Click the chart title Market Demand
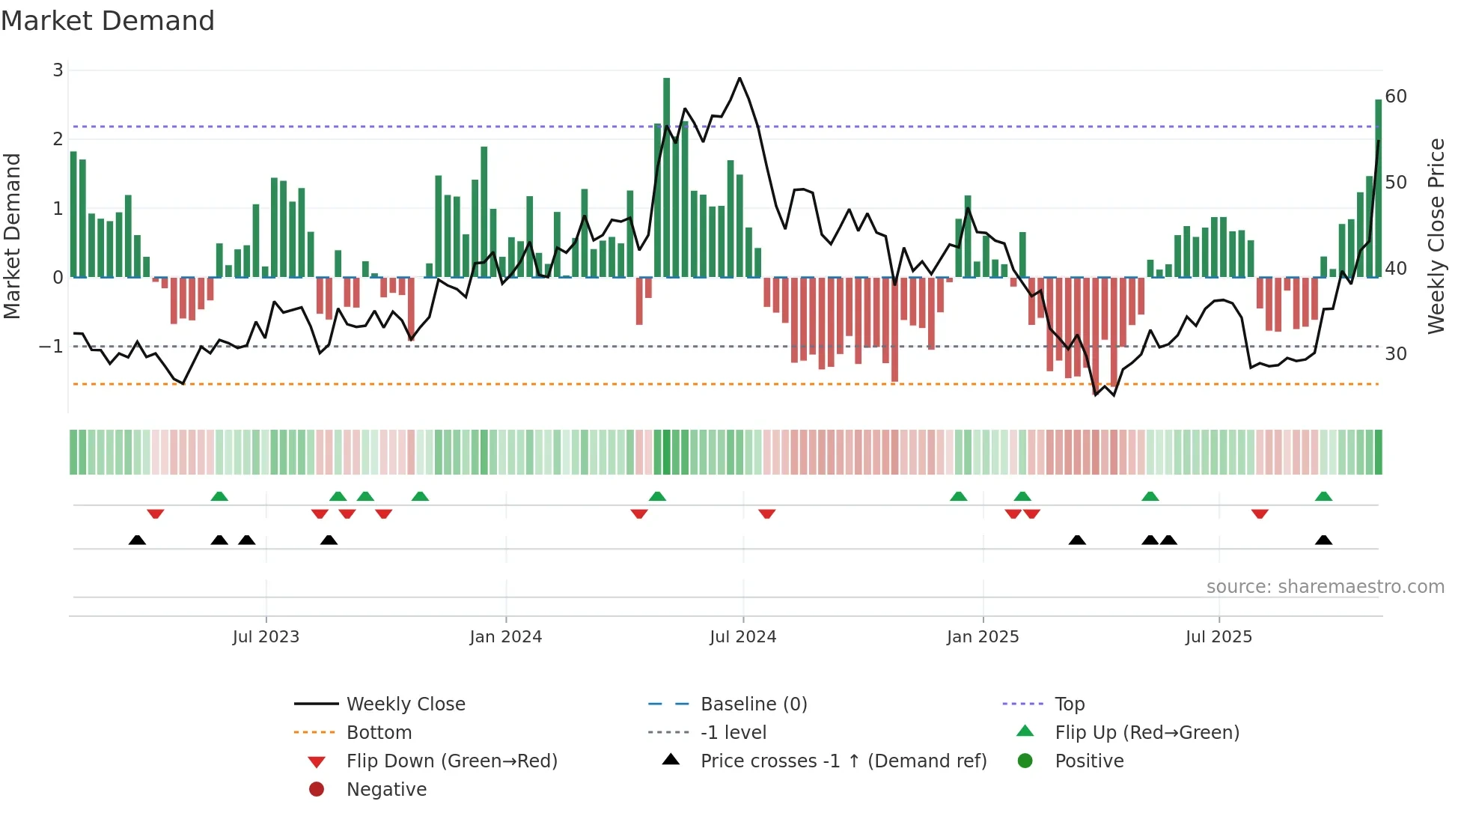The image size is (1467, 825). (108, 21)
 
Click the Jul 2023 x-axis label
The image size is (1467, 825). (266, 637)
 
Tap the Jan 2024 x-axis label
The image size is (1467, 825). (505, 637)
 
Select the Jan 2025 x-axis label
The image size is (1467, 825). (982, 637)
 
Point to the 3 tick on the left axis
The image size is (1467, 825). (58, 70)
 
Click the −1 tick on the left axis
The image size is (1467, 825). (51, 347)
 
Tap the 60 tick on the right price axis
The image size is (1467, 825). (1395, 97)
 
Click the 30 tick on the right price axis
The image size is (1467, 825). (1395, 353)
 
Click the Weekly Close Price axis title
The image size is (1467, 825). (1436, 236)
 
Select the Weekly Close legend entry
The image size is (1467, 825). (405, 704)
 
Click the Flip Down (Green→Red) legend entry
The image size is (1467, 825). (451, 761)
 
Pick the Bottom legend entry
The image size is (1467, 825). (379, 733)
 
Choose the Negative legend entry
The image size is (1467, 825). (386, 790)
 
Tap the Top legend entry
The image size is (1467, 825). (1069, 704)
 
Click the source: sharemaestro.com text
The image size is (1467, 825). (1325, 587)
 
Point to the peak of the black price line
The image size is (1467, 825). (739, 78)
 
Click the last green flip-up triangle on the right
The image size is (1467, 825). (1323, 496)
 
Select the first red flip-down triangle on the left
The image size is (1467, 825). (156, 514)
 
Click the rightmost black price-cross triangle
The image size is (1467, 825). (1323, 540)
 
